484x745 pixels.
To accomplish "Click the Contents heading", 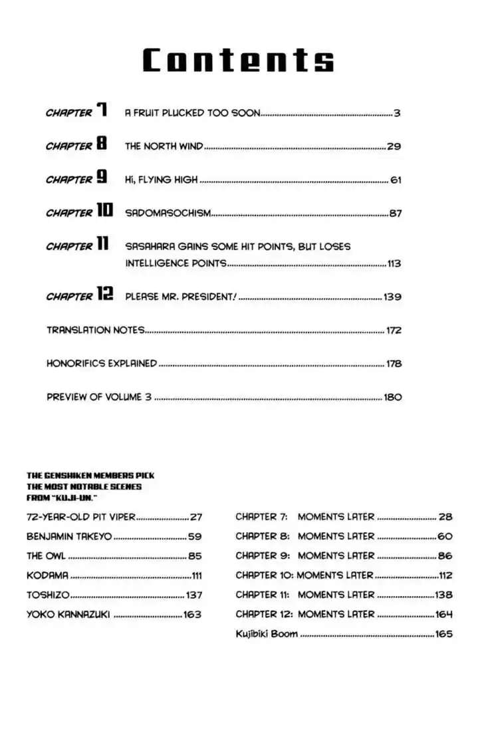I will pos(238,61).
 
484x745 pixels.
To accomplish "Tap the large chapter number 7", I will pos(102,111).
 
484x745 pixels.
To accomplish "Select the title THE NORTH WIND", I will pos(164,146).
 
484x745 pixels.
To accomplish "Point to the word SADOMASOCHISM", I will pos(168,213).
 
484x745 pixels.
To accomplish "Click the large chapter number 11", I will pos(102,245).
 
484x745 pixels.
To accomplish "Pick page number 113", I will pos(394,263).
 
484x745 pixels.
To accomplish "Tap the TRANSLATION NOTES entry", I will pos(95,330).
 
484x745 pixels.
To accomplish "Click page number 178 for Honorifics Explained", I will pos(394,363).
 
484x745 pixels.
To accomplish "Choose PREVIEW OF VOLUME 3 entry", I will pos(99,397).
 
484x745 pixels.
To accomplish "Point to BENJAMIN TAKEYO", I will pos(69,536).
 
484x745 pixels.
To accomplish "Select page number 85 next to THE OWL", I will pos(194,555).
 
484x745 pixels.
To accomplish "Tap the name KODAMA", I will pos(47,575).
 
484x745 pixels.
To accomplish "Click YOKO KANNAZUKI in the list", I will pos(68,615).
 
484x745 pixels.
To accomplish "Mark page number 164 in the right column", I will pos(443,615).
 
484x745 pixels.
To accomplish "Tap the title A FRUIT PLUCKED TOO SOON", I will pos(191,113).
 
